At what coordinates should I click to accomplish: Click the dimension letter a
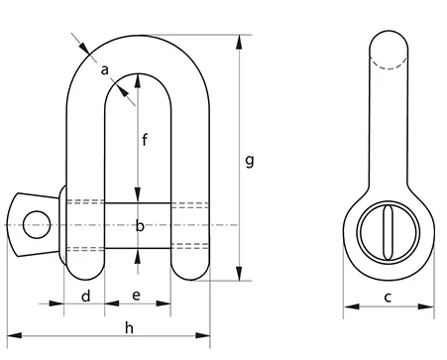(x=104, y=70)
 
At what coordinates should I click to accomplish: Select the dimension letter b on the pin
(x=140, y=226)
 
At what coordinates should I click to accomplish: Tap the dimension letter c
(x=388, y=298)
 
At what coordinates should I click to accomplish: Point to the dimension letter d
(x=86, y=296)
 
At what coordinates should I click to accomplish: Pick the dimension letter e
(x=136, y=296)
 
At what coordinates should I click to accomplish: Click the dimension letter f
(x=145, y=140)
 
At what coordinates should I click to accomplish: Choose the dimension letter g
(x=250, y=161)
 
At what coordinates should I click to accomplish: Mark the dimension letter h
(x=129, y=328)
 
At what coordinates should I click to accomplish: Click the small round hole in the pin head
(x=37, y=225)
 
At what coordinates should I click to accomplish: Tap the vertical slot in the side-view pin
(x=388, y=232)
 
